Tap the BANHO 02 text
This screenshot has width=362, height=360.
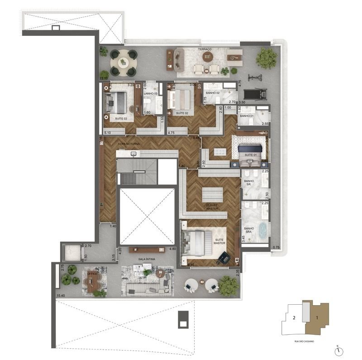tap(213, 93)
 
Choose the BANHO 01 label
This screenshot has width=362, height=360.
tap(247, 116)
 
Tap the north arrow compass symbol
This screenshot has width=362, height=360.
tap(338, 350)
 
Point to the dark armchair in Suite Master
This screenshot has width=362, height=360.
tap(223, 257)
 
